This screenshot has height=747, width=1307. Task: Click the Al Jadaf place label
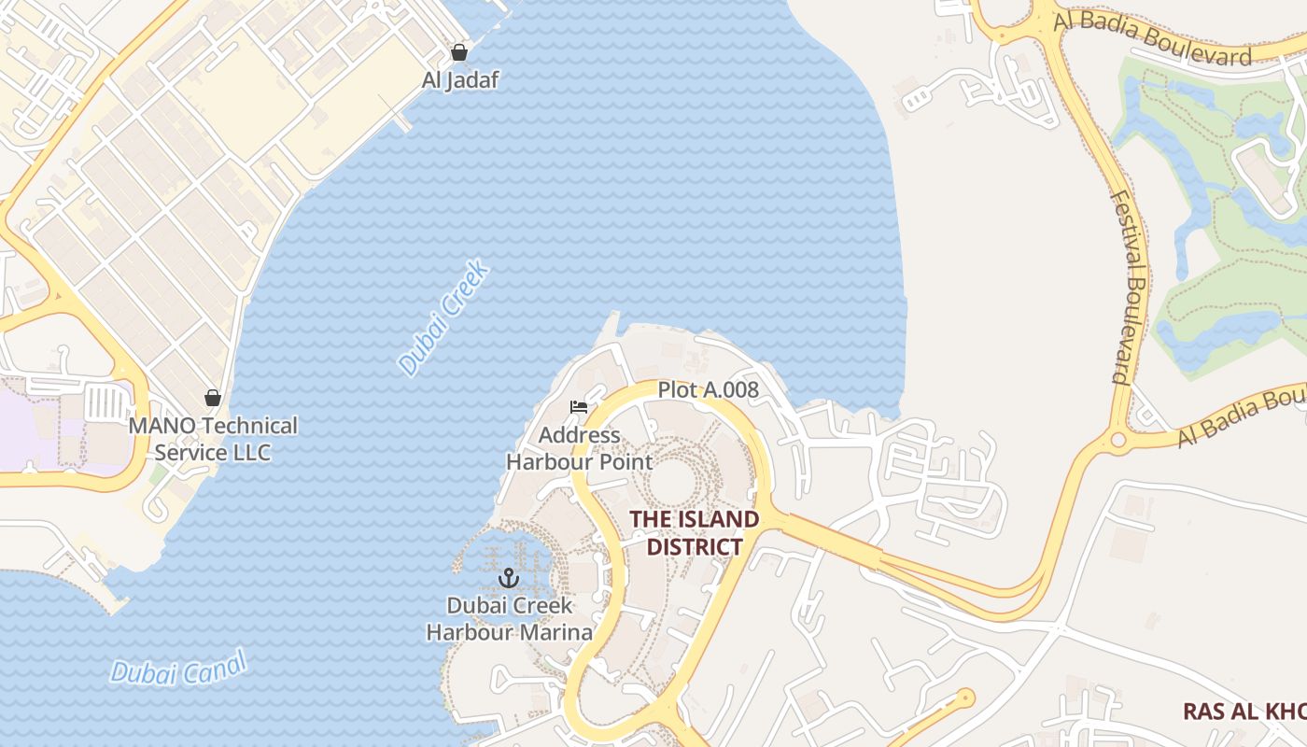click(x=459, y=80)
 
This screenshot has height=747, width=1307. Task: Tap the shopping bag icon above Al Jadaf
click(x=458, y=52)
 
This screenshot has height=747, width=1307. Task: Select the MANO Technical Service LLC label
click(x=213, y=440)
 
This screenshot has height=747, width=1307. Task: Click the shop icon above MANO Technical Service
click(x=213, y=399)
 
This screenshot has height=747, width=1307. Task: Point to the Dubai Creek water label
click(x=444, y=319)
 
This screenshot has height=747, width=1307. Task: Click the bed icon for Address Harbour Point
click(x=579, y=407)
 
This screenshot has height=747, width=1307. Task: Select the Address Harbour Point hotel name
click(x=579, y=448)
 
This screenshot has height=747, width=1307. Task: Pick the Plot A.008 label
click(x=708, y=390)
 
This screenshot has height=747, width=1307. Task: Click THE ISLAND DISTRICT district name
click(x=694, y=533)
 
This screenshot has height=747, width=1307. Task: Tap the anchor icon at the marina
click(x=509, y=578)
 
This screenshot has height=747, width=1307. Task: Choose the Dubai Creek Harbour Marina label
click(x=509, y=619)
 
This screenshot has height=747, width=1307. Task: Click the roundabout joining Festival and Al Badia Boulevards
click(x=1117, y=440)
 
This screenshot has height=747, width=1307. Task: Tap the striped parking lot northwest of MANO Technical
click(x=106, y=403)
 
